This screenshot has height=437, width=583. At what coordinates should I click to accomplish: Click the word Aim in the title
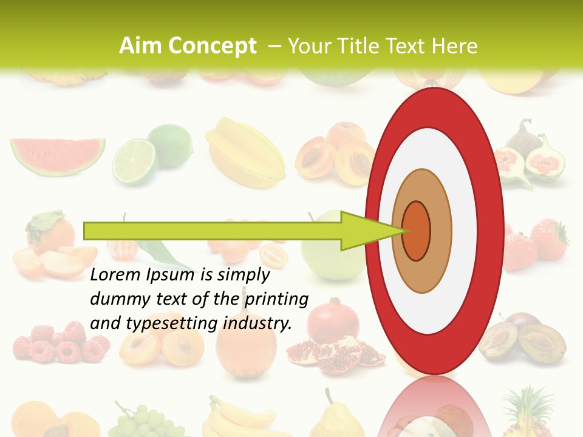pyautogui.click(x=141, y=46)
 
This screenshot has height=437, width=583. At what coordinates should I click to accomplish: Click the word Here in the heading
pyautogui.click(x=455, y=46)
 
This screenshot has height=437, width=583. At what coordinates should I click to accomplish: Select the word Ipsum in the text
pyautogui.click(x=171, y=275)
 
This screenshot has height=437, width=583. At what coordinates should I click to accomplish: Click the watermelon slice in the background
pyautogui.click(x=57, y=155)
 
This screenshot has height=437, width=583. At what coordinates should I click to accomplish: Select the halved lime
pyautogui.click(x=135, y=160)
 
